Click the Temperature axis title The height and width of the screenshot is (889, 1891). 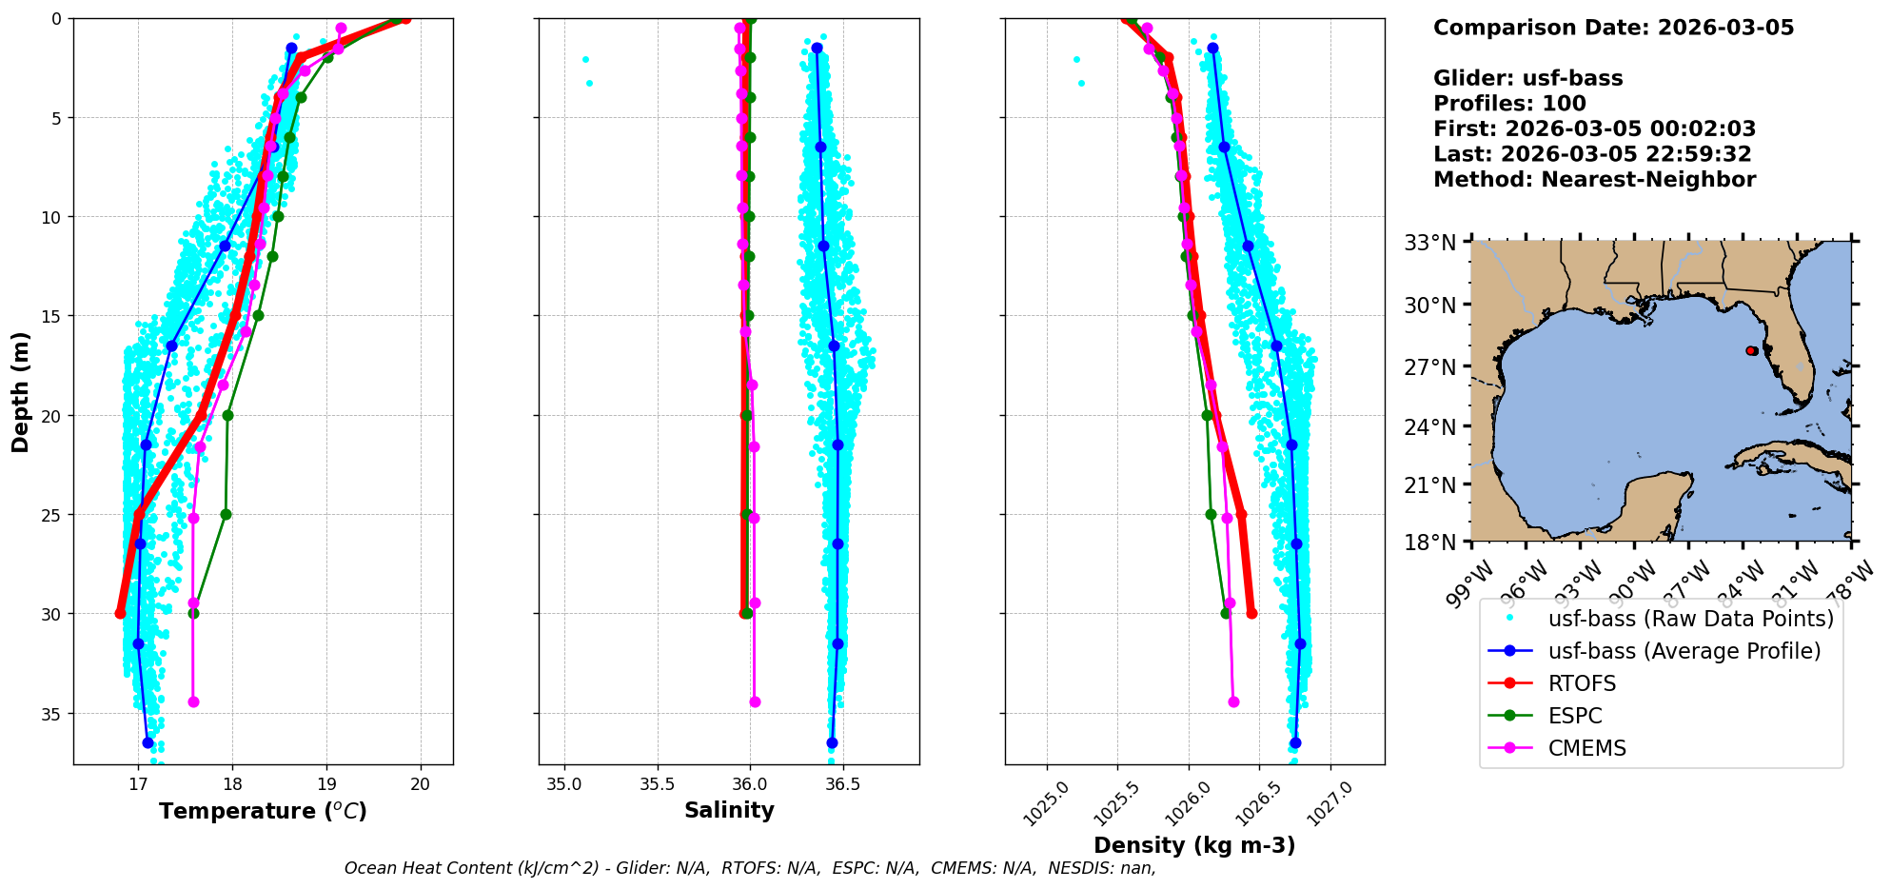click(263, 811)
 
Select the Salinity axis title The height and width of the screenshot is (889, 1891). click(729, 810)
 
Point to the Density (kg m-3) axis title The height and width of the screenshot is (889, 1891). click(1194, 845)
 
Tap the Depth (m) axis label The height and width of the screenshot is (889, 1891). click(20, 391)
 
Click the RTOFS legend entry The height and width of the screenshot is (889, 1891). click(1582, 683)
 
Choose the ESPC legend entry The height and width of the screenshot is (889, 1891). click(1575, 716)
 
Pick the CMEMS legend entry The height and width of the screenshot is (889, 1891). click(1586, 748)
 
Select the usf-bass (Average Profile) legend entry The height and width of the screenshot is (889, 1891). click(1684, 651)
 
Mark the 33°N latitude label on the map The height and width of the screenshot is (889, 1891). click(1430, 244)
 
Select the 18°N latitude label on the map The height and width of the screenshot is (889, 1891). click(1430, 543)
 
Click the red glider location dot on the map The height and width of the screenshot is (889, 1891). click(1751, 351)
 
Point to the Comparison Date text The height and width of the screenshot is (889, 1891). click(1613, 28)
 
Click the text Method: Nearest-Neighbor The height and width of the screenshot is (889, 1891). click(1594, 180)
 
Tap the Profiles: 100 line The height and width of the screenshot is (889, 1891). click(1509, 104)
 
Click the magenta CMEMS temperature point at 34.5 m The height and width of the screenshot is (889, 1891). click(193, 701)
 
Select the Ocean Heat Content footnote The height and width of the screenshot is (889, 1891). click(750, 868)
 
